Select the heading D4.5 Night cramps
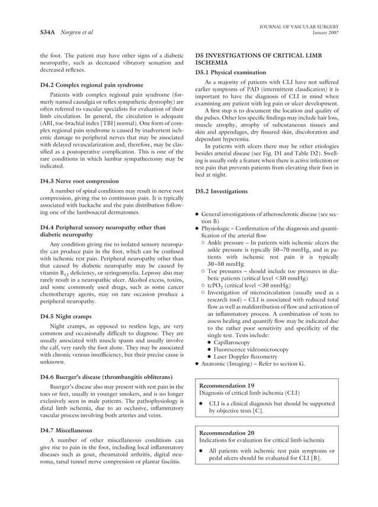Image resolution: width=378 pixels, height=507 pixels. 67,316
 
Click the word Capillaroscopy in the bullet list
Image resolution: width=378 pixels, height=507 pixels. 237,342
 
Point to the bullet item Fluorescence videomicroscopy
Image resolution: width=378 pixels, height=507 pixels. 251,350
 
